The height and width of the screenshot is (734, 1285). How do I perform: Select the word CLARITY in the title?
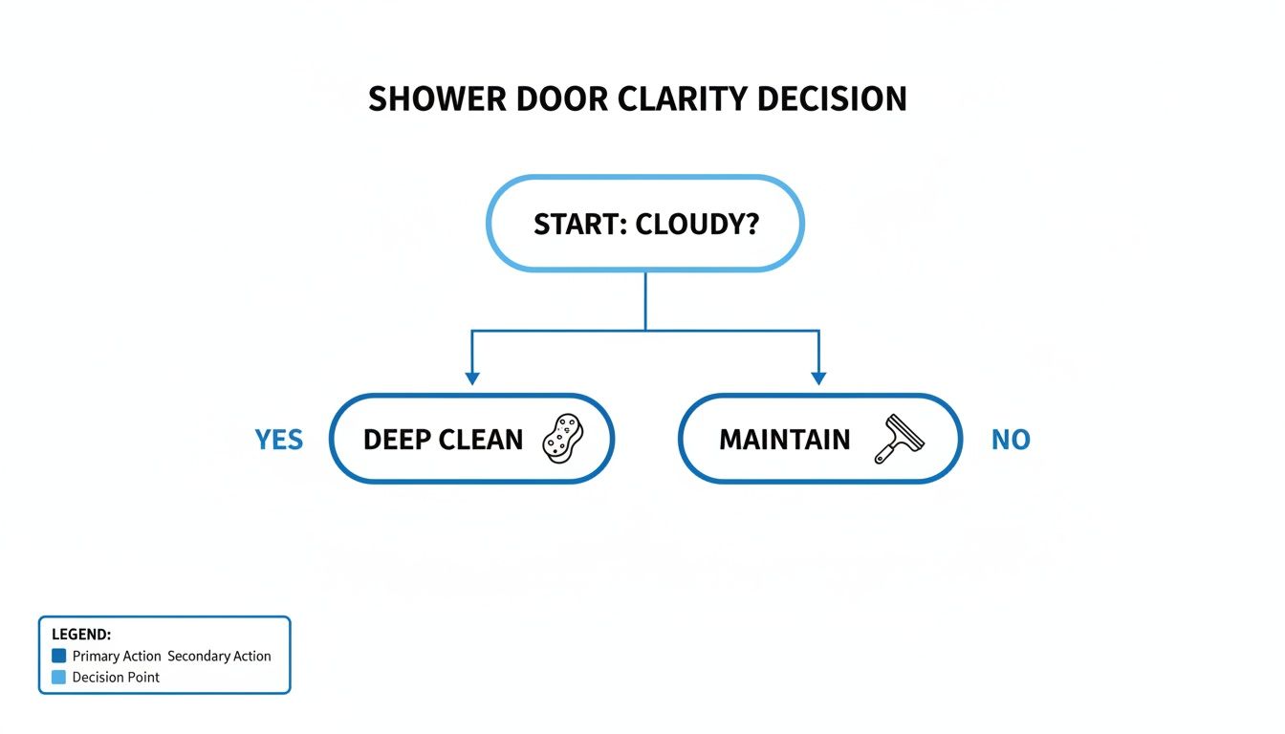tap(697, 99)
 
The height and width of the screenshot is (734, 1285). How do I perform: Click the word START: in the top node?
tap(578, 224)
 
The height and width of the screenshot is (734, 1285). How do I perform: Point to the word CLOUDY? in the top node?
tap(697, 224)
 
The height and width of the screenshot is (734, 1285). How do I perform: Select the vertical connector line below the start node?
tap(646, 301)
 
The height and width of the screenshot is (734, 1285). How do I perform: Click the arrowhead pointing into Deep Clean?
tap(471, 378)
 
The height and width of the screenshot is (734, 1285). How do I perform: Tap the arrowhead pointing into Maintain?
tap(818, 378)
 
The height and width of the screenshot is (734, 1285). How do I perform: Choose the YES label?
tap(278, 440)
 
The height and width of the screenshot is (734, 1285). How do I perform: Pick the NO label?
tap(1011, 440)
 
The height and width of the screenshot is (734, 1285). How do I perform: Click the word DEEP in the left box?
tap(397, 440)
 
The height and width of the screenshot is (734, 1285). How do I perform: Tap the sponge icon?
tap(562, 439)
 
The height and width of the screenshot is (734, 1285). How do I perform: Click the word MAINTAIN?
tap(784, 440)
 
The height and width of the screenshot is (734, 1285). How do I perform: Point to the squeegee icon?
tap(900, 439)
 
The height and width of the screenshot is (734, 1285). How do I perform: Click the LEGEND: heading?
tap(81, 635)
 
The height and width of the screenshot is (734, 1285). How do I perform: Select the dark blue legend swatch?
tap(59, 656)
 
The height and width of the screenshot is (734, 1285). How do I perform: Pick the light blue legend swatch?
tap(59, 677)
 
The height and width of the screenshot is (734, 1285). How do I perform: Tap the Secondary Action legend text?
tap(219, 657)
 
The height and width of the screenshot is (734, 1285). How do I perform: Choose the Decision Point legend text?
tap(116, 678)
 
